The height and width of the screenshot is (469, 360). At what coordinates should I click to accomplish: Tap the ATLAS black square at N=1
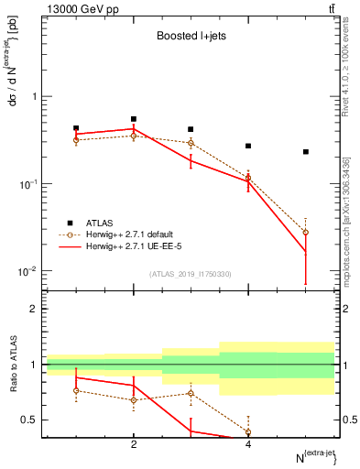pos(76,128)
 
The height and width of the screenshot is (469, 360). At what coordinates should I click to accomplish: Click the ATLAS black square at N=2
pos(134,119)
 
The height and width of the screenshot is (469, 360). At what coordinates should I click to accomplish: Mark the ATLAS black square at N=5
pos(306,152)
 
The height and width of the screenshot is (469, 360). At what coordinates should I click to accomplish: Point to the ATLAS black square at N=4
pos(248,146)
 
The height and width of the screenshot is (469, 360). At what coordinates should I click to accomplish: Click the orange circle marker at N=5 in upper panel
pos(306,233)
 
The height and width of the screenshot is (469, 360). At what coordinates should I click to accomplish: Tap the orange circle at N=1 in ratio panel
pos(76,391)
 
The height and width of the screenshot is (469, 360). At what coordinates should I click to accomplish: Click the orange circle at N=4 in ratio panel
pos(248,431)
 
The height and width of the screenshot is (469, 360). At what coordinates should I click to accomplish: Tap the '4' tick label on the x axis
pos(248,445)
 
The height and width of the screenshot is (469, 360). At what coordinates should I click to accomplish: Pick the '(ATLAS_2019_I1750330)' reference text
pos(190,274)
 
